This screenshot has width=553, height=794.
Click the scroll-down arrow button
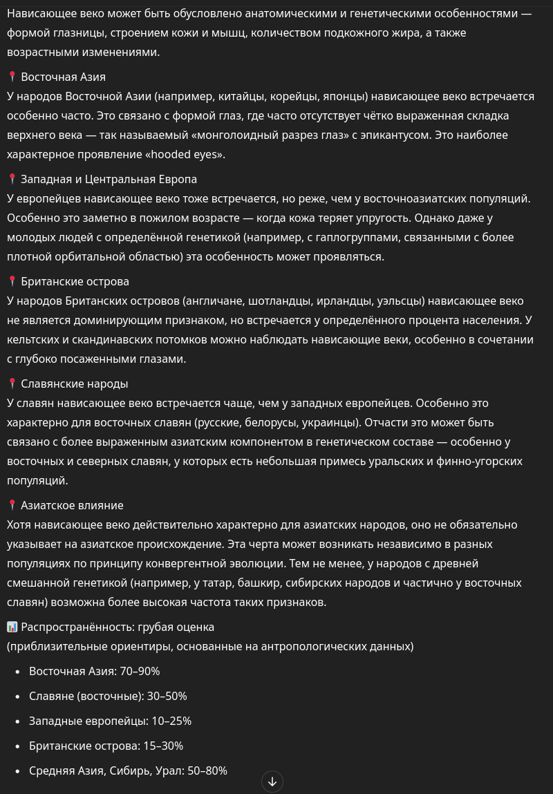pos(272,782)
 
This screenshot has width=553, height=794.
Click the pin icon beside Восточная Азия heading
pos(12,77)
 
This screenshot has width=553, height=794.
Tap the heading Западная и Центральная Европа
pos(109,179)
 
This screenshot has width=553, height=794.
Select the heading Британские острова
pos(75,281)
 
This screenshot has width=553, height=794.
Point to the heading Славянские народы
pos(74,384)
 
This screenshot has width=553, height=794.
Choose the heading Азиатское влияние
pos(72,505)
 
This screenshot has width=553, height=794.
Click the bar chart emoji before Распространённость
pos(12,627)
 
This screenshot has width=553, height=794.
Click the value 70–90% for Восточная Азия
pos(141,671)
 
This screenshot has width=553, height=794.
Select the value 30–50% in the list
pos(168,696)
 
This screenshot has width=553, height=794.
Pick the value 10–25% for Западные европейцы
pos(172,721)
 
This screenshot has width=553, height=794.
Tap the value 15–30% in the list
pos(163,746)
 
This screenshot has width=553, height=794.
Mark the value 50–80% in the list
pos(208,771)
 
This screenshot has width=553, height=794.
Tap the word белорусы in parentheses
pos(272,422)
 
